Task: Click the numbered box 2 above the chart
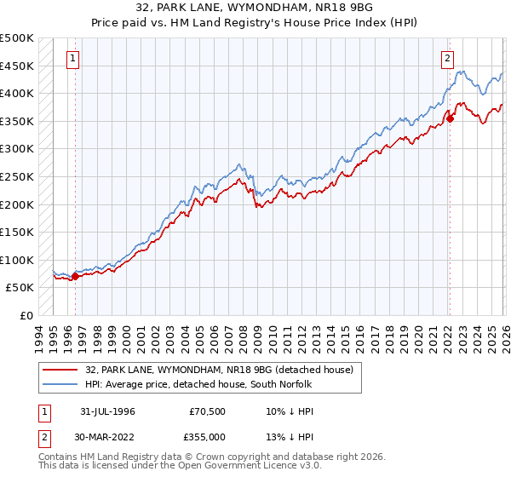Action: [x=446, y=59]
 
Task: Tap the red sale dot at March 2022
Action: [x=450, y=118]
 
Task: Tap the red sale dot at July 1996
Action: [x=75, y=276]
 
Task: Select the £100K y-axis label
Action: [x=17, y=260]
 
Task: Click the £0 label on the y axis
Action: [x=26, y=315]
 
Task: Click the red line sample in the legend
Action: [x=60, y=369]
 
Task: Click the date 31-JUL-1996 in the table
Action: [x=106, y=411]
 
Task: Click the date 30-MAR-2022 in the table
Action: [x=106, y=436]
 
